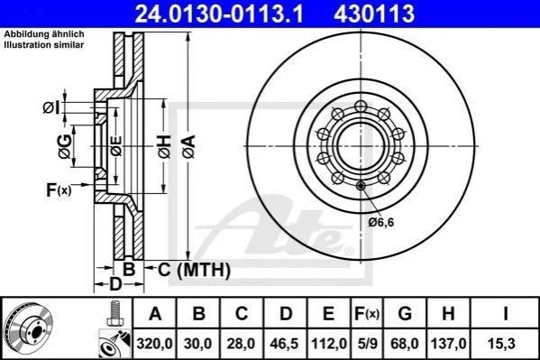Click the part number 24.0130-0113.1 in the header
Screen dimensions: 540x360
pos(219,14)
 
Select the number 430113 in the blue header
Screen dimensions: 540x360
pos(374,14)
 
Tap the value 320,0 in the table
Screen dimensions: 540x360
pos(155,344)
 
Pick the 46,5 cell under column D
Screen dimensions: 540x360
pos(284,344)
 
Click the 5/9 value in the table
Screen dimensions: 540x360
pos(367,344)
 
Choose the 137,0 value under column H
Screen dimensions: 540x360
pos(448,344)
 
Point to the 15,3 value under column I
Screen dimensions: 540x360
pos(501,344)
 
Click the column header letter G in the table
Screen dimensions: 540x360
pos(405,314)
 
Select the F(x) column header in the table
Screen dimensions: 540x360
pos(367,314)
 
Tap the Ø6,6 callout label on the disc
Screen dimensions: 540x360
pos(381,223)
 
